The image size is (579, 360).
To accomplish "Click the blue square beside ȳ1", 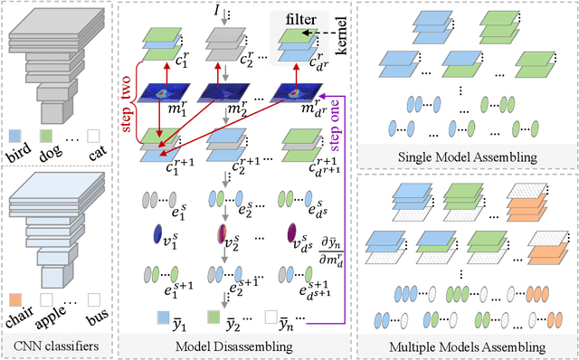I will [162, 317].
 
